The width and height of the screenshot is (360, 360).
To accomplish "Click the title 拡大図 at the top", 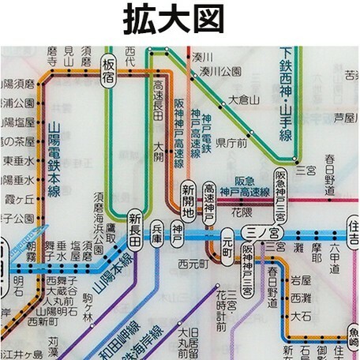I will [180, 21].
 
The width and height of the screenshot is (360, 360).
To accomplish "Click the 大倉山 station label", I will [243, 100].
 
